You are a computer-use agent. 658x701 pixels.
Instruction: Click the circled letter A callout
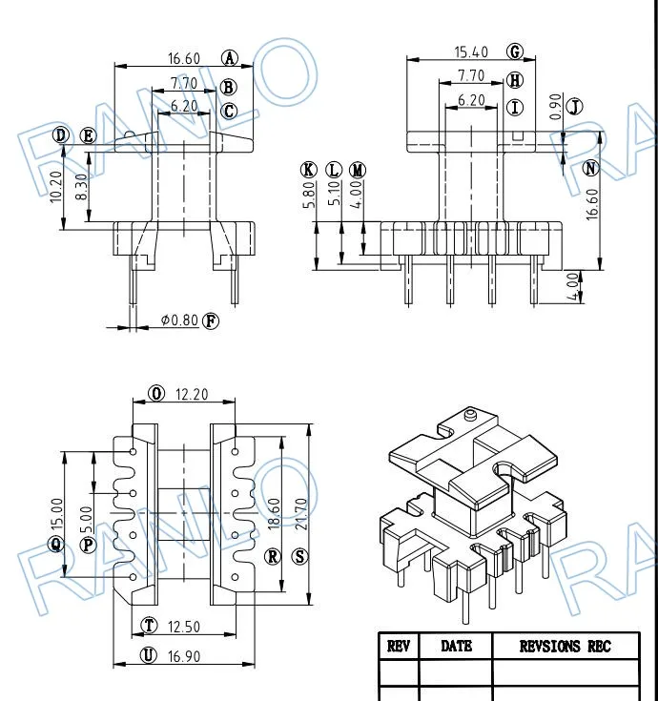[x=230, y=58]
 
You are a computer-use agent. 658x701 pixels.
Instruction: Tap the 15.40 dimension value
[x=471, y=52]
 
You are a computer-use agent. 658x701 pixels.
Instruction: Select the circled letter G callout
[x=515, y=52]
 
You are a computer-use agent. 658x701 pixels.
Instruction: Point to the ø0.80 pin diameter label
[x=179, y=320]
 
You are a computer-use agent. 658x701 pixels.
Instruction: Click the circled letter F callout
[x=211, y=321]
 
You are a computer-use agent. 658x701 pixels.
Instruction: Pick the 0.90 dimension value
[x=555, y=107]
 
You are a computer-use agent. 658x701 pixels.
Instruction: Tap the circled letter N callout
[x=591, y=169]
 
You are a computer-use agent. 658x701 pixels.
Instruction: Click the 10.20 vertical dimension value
[x=56, y=187]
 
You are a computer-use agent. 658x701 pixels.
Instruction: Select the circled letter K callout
[x=308, y=170]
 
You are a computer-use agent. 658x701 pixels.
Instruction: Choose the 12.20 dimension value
[x=192, y=394]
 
